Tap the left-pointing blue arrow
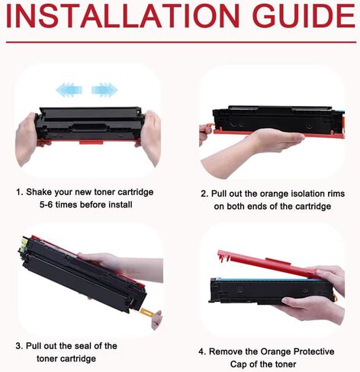pyautogui.click(x=66, y=90)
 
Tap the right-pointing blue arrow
pyautogui.click(x=104, y=90)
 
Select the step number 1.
pyautogui.click(x=19, y=192)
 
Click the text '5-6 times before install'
pyautogui.click(x=86, y=205)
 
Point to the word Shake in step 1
pyautogui.click(x=41, y=192)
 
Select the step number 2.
pyautogui.click(x=204, y=194)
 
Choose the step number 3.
pyautogui.click(x=19, y=346)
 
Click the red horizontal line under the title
pyautogui.click(x=180, y=42)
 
